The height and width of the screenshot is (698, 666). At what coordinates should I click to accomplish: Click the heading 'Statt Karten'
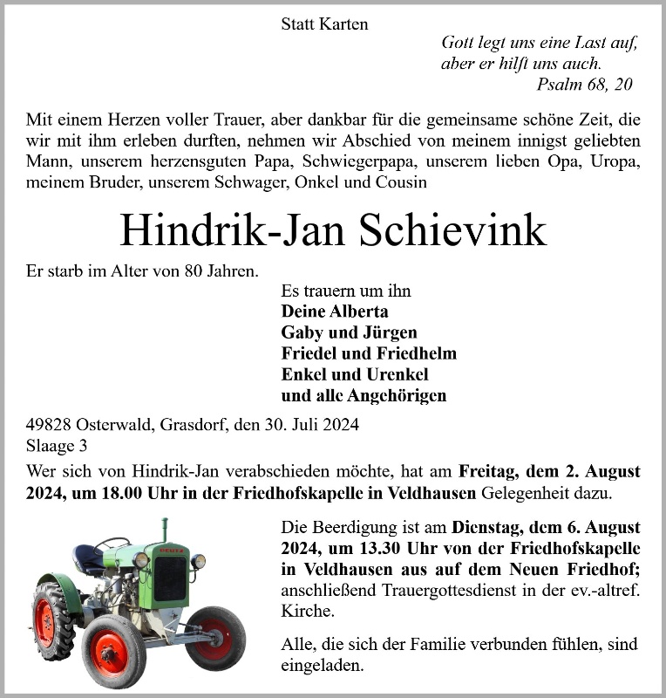click(x=324, y=24)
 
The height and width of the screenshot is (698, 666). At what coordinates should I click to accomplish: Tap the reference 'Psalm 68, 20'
click(x=585, y=85)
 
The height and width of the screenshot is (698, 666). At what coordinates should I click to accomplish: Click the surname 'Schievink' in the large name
click(x=463, y=230)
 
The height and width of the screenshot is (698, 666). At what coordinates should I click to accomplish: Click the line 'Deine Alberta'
click(x=335, y=311)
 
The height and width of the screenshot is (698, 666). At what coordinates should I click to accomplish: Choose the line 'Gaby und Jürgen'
click(x=349, y=332)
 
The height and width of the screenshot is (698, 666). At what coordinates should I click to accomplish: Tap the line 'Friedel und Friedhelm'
click(x=369, y=353)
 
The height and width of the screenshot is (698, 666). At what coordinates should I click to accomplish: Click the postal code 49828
click(x=50, y=426)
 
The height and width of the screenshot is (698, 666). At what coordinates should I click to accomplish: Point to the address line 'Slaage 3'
click(x=57, y=446)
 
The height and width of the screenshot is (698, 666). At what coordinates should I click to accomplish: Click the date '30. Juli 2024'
click(x=310, y=426)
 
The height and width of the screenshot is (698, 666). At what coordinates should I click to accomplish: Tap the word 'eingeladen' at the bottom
click(x=323, y=666)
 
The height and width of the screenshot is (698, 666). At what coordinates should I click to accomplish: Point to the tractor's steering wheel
click(x=112, y=544)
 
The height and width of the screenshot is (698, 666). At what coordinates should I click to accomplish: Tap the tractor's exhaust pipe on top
click(x=164, y=529)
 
